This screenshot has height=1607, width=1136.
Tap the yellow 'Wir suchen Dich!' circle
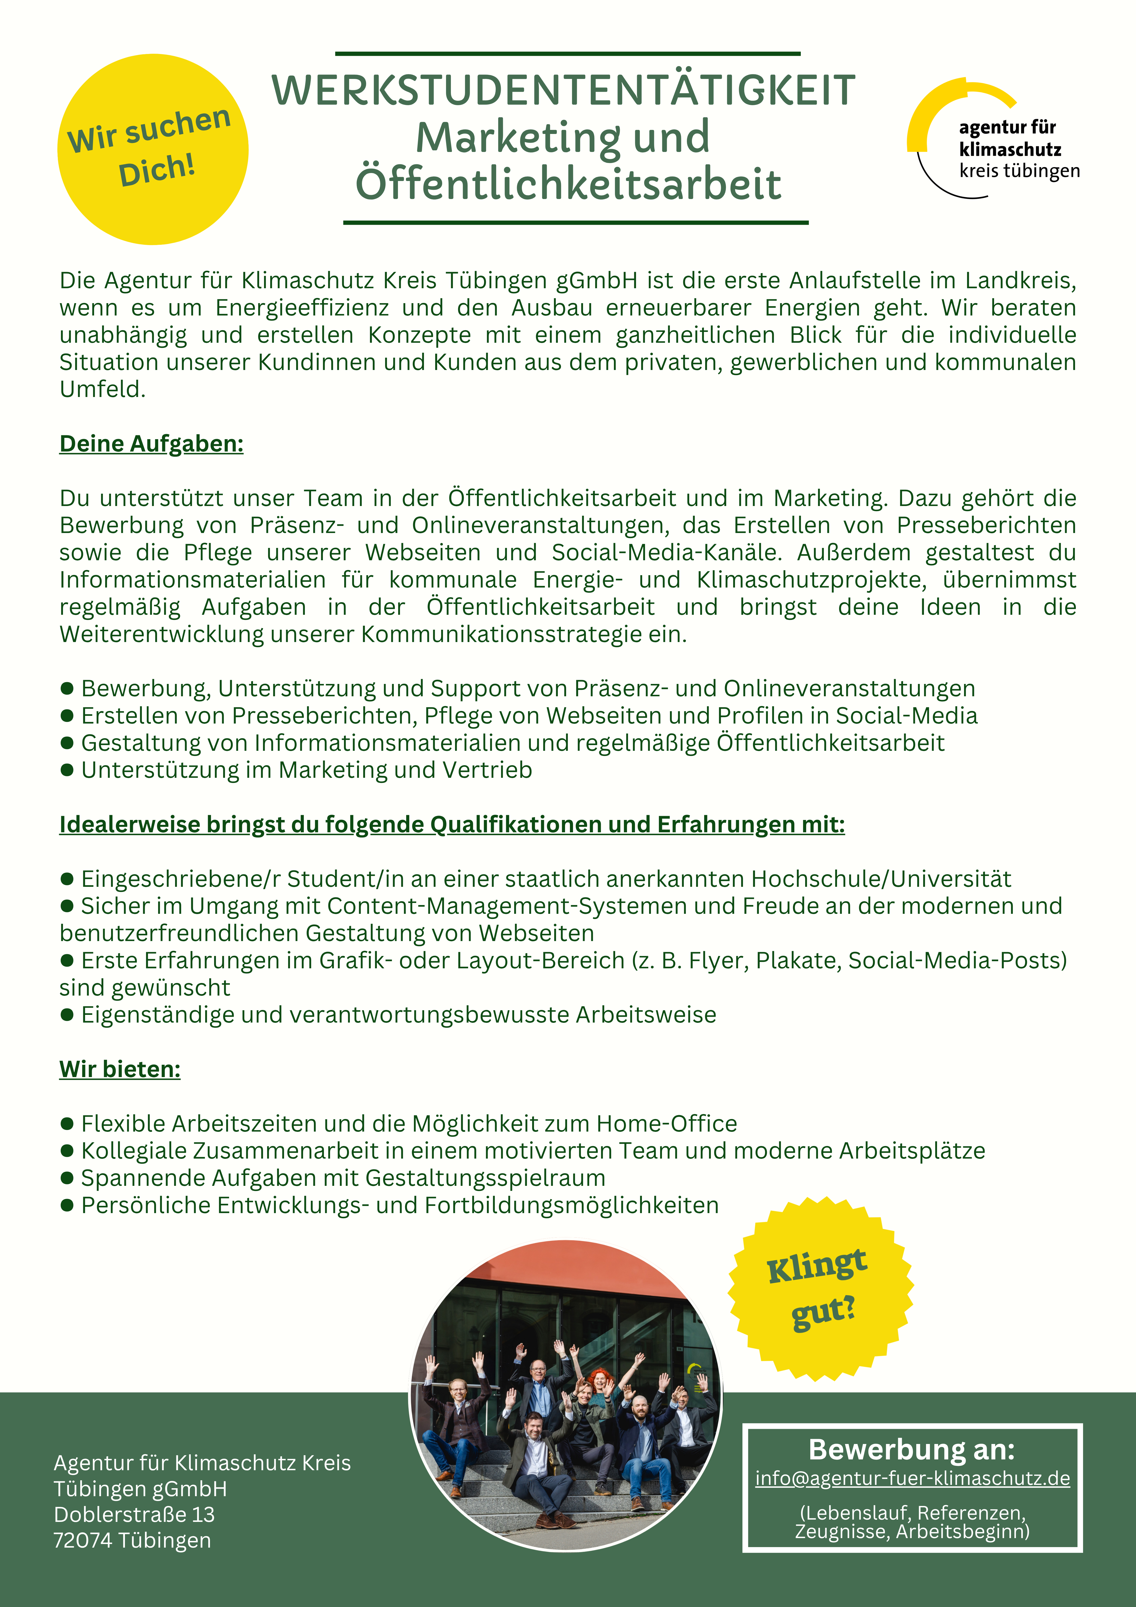tap(153, 149)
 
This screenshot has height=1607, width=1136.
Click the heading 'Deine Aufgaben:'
tap(151, 444)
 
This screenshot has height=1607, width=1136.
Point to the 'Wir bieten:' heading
tap(120, 1069)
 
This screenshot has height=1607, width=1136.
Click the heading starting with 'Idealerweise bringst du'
tap(451, 825)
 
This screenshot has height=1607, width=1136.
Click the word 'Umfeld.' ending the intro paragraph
tap(102, 389)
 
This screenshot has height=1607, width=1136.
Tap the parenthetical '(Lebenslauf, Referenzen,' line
tap(912, 1512)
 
